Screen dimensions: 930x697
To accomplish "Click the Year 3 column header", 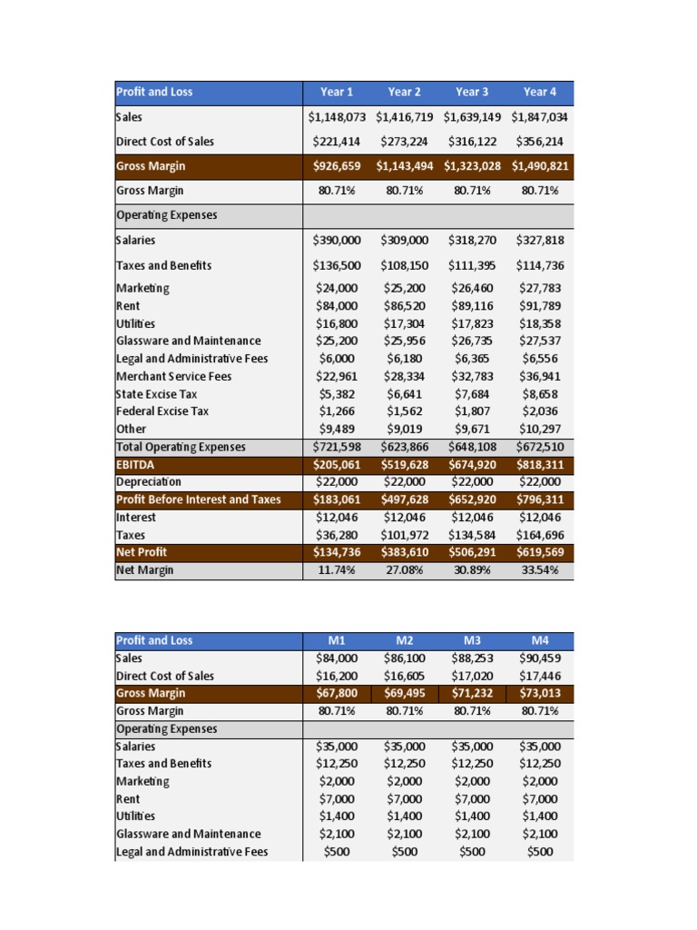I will (x=472, y=92).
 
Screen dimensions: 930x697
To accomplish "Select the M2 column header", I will (x=404, y=640).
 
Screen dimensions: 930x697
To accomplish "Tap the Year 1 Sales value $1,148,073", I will (x=337, y=117).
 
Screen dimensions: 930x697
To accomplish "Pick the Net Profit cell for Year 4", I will (x=540, y=552).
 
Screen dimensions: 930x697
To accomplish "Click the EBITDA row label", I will (x=136, y=464).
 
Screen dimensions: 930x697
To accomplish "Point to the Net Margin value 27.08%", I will (x=404, y=570).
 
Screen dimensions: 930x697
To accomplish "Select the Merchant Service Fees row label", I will (x=174, y=376).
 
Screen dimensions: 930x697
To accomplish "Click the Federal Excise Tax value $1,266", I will (x=337, y=411).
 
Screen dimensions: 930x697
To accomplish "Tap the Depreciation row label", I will (x=149, y=481).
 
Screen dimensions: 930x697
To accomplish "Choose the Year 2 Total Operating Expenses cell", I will (x=404, y=447).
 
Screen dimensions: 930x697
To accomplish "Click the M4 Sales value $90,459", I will (x=540, y=658).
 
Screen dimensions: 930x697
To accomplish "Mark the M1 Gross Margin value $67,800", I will (x=337, y=693).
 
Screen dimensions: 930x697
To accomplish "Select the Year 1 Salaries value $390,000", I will (x=337, y=241).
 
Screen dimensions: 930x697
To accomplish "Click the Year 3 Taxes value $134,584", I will (x=472, y=535).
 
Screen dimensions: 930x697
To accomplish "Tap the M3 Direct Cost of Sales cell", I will (x=472, y=676).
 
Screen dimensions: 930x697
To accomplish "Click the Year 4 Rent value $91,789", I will (x=540, y=306).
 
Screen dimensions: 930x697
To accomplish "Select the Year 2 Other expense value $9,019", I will (x=404, y=429).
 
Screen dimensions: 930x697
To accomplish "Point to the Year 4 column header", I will (x=540, y=92).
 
